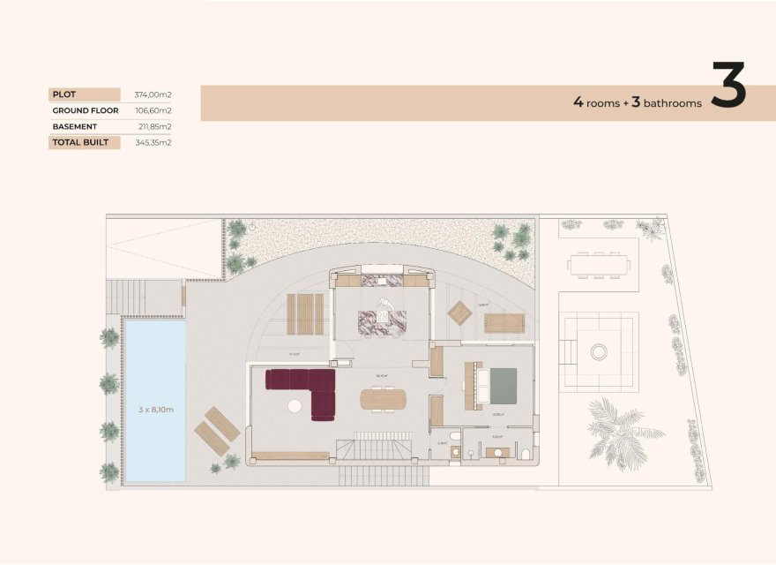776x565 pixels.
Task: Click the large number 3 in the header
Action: (728, 85)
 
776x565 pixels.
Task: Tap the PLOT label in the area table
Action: (63, 94)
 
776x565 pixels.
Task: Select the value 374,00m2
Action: (153, 94)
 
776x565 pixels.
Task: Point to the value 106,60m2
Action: (153, 110)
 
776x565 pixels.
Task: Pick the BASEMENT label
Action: (75, 126)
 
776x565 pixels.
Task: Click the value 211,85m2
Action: (153, 126)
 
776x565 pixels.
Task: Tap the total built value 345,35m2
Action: (153, 142)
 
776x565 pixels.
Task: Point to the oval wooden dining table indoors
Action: (384, 399)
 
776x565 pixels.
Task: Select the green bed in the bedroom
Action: (503, 386)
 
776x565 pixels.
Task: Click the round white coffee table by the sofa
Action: (294, 406)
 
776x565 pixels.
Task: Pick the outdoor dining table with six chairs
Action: (598, 264)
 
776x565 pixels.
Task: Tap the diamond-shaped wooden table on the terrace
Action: (460, 313)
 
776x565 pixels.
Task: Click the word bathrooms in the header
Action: (673, 103)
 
